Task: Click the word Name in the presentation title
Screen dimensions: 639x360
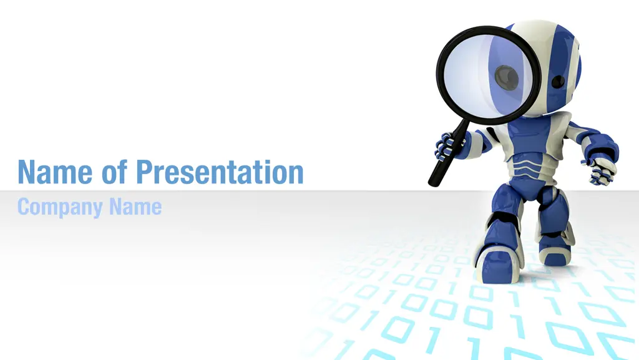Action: point(55,172)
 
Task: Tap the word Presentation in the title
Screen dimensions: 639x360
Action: point(220,172)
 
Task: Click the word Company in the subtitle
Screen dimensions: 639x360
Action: point(60,208)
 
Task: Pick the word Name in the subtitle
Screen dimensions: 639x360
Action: point(135,207)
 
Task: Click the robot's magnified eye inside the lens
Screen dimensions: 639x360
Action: point(507,77)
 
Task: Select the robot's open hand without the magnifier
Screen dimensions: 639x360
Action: point(599,170)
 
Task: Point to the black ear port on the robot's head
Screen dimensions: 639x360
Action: point(559,82)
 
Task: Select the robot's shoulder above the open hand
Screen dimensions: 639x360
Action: point(597,139)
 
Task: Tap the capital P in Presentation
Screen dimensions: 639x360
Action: point(144,172)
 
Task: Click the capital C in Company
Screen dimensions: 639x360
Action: point(24,207)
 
